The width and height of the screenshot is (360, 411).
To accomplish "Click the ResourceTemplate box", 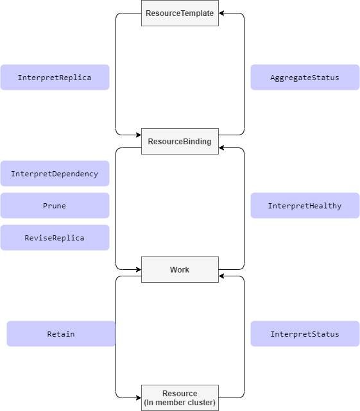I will coord(180,13).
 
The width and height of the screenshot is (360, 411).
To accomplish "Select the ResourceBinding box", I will coord(180,141).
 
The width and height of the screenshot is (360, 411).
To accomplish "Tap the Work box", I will coord(180,269).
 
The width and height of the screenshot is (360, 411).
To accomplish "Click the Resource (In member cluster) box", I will coord(180,398).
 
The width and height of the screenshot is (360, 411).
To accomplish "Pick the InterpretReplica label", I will coord(55,77).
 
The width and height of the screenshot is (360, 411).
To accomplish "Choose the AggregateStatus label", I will coord(305,77).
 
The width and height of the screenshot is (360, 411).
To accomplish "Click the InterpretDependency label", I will coord(55,173).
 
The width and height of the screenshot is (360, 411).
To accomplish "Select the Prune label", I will coord(55,205).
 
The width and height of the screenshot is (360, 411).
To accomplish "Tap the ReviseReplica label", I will coord(55,237).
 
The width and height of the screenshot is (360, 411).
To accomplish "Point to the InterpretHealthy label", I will coord(305,205).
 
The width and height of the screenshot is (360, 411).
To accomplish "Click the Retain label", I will coord(61,333).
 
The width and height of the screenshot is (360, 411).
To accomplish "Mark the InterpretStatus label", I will coord(305,333).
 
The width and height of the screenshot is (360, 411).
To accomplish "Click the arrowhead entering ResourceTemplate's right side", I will coord(222,13).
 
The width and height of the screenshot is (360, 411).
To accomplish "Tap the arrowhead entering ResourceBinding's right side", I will coord(222,148).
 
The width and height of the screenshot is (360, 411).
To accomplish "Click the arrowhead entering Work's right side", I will coord(222,276).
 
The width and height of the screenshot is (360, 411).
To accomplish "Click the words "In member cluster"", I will coord(180,402).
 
